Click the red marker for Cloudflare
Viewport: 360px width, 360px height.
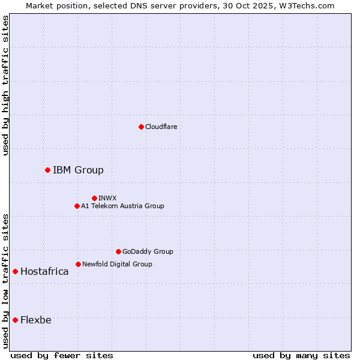point(141,127)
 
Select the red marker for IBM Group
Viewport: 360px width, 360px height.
point(47,170)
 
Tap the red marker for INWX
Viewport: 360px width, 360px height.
point(94,198)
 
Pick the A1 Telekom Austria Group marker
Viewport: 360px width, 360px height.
point(77,206)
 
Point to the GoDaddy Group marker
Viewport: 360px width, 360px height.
point(118,251)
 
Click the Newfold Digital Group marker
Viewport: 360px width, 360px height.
point(78,264)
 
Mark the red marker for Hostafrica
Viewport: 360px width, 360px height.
point(15,272)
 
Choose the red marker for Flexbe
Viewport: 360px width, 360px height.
point(15,320)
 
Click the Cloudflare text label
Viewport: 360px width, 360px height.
point(161,127)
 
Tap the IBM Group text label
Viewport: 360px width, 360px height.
point(78,170)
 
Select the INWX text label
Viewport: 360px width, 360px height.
point(108,198)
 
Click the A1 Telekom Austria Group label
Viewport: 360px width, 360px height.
point(122,206)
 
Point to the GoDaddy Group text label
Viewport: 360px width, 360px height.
point(148,251)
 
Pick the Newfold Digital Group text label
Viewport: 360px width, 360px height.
point(117,264)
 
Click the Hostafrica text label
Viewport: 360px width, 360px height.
point(44,272)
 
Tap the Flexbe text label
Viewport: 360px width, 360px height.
point(36,320)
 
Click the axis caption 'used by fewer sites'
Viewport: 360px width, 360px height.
point(62,355)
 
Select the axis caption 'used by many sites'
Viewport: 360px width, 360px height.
point(301,355)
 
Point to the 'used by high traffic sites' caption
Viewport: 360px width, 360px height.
point(6,85)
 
